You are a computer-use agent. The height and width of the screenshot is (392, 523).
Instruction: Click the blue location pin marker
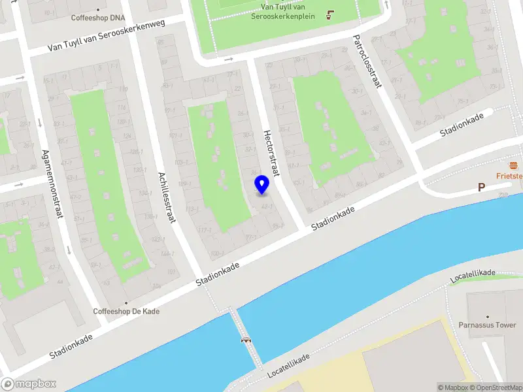tap(261, 185)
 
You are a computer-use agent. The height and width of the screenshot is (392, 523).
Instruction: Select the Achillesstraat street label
tap(167, 197)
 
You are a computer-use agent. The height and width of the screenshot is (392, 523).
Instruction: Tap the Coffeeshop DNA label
tap(97, 18)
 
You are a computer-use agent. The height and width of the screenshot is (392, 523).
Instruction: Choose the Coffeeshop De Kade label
tap(126, 311)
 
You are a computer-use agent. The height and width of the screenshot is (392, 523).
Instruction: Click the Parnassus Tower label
tap(487, 325)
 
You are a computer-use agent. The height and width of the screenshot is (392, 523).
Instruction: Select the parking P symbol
tap(481, 188)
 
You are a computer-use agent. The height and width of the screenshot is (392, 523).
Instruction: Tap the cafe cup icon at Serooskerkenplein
tap(329, 14)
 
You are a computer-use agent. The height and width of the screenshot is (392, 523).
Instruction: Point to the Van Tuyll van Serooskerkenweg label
tap(107, 37)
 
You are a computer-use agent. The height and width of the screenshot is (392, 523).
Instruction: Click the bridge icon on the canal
tap(246, 339)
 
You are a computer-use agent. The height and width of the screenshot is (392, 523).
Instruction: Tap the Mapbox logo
tap(29, 384)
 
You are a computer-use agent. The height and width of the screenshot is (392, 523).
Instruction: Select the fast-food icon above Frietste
tap(515, 164)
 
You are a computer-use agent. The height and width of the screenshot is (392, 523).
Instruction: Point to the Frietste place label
tap(509, 176)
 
